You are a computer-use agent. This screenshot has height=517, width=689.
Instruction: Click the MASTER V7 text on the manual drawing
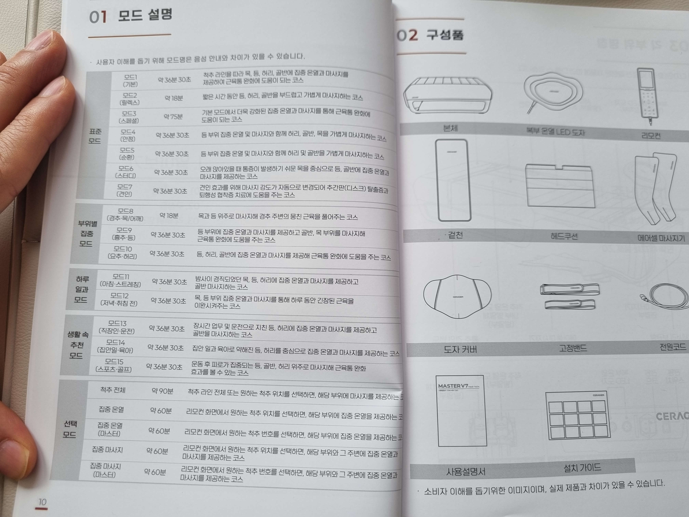pos(453,386)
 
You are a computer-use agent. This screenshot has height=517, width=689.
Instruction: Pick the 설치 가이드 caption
pos(582,467)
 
